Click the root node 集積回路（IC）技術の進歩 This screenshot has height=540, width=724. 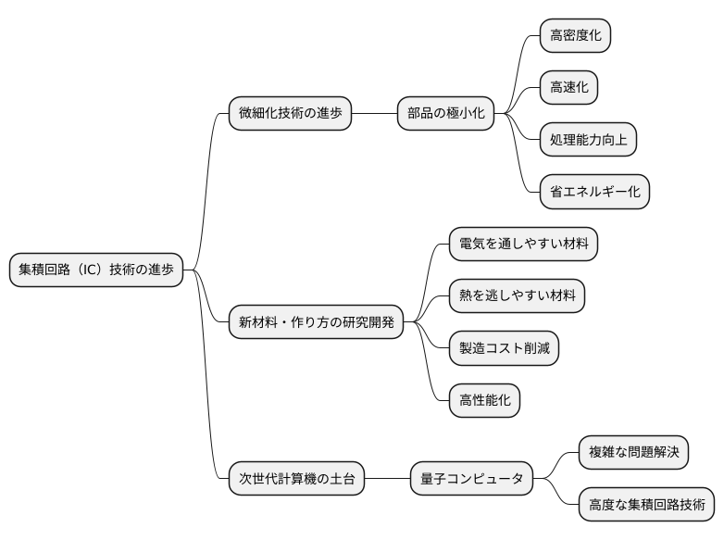point(96,270)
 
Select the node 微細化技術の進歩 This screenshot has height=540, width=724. point(290,113)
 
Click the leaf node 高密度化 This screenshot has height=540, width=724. point(576,35)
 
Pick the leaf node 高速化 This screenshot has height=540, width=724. point(569,87)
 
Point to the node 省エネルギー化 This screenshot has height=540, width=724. point(595,192)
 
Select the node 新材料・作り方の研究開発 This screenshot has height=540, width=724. point(317,322)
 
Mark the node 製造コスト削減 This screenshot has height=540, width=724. point(504,348)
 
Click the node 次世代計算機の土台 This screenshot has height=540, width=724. point(296,479)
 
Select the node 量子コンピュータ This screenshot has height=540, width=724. point(472,479)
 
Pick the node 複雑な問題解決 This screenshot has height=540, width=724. point(634,453)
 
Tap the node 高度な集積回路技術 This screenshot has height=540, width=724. point(646,505)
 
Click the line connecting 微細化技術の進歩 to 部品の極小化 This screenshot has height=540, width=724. point(374,113)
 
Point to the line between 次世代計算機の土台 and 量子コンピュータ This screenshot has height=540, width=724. point(387,479)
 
